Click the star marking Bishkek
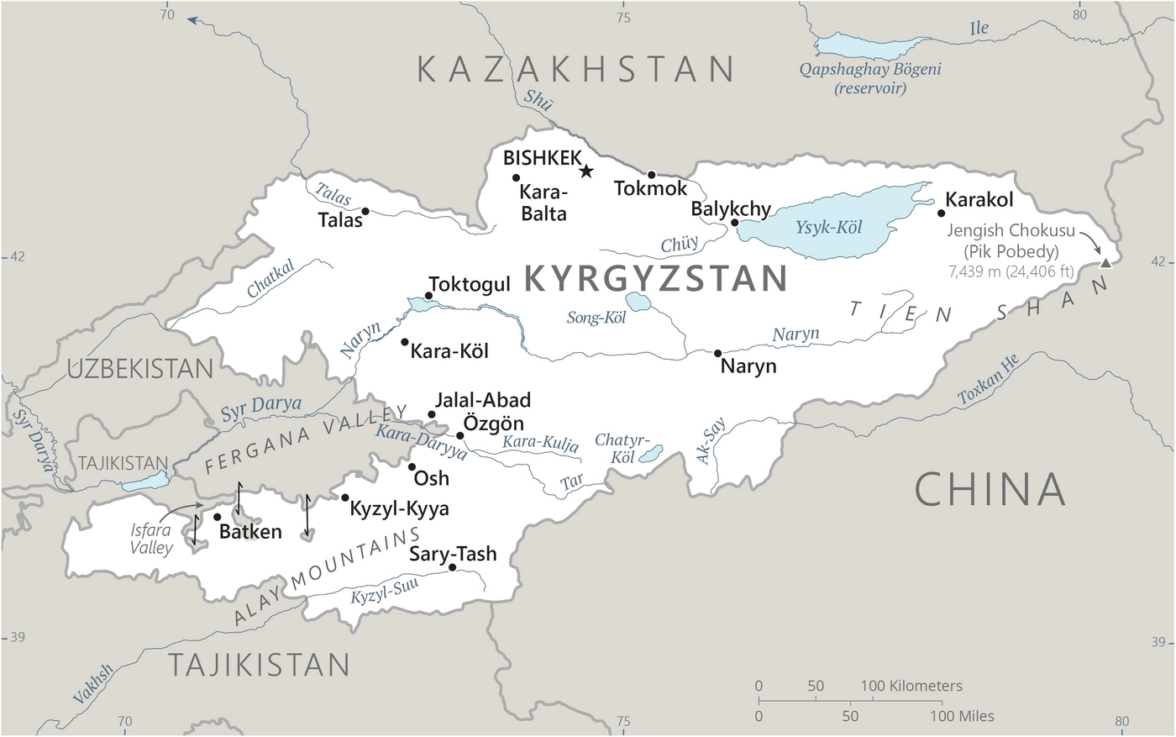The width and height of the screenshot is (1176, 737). (x=586, y=171)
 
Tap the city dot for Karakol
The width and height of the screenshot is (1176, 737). (x=941, y=213)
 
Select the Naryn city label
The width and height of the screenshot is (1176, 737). (x=748, y=366)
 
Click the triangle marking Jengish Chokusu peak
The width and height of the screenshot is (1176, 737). (x=1105, y=263)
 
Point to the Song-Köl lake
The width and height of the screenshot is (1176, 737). (x=638, y=302)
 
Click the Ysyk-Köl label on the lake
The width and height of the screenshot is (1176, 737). (x=828, y=228)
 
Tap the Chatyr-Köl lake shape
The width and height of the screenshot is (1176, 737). (x=651, y=455)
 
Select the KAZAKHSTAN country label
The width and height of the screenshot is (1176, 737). (x=577, y=69)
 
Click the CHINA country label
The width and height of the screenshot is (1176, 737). (x=990, y=489)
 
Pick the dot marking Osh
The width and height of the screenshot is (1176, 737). (x=412, y=466)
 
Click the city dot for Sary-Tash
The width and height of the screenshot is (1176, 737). (x=453, y=567)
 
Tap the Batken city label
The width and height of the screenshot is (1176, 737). (x=250, y=532)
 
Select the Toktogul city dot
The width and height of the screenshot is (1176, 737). (x=428, y=296)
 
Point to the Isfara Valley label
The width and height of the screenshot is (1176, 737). (x=151, y=540)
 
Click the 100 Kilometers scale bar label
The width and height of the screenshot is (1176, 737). (x=911, y=686)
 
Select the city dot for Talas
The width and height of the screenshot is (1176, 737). (x=365, y=211)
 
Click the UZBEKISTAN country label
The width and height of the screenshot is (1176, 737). (x=141, y=368)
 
